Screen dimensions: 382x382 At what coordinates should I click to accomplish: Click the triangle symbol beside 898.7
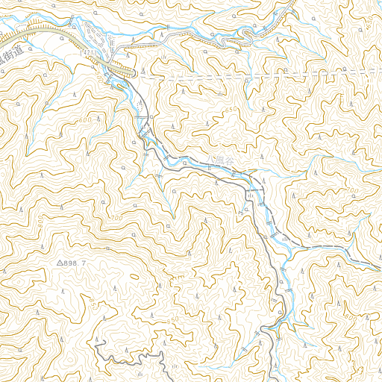[x=60, y=263]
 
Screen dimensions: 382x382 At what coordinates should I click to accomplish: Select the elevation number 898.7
[x=76, y=264]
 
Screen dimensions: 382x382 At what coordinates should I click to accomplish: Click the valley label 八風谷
[x=223, y=160]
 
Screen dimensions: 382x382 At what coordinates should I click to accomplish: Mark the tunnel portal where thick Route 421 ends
[x=136, y=75]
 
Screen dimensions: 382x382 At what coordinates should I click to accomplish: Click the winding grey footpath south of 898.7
[x=127, y=357]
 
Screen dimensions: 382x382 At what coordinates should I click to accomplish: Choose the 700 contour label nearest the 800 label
[x=352, y=192]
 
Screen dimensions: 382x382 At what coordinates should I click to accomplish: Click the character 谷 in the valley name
[x=231, y=160]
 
